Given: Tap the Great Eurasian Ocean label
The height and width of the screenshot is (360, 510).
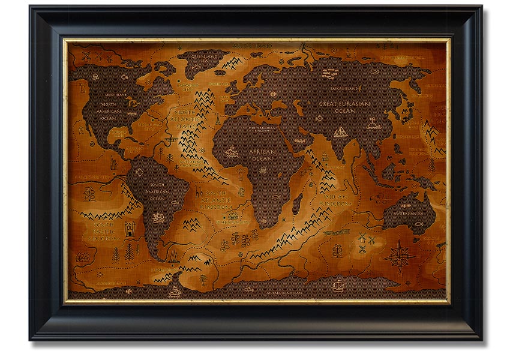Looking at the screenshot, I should [x=344, y=107].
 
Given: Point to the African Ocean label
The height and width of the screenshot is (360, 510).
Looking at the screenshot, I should [x=262, y=155].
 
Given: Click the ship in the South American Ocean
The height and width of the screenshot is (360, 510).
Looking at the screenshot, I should [x=159, y=217].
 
